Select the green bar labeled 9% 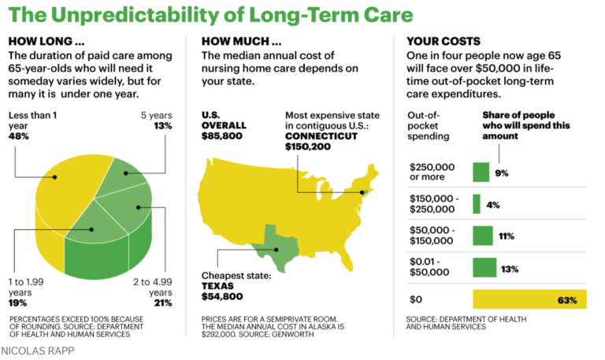click(x=481, y=173)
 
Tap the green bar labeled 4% click(x=476, y=204)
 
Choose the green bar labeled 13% click(x=484, y=269)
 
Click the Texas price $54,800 click(x=223, y=296)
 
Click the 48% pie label click(x=19, y=135)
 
